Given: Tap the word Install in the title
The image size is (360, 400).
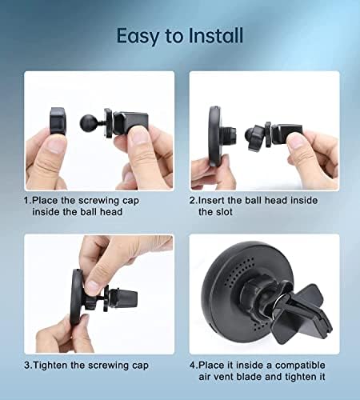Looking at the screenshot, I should pyautogui.click(x=212, y=37).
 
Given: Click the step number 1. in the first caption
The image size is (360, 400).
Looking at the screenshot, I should pyautogui.click(x=27, y=201).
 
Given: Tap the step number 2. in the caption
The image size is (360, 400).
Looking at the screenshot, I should pyautogui.click(x=193, y=201).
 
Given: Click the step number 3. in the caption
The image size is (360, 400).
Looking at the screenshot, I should pyautogui.click(x=28, y=366).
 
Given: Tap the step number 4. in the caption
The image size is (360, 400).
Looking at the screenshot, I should pyautogui.click(x=193, y=366).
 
